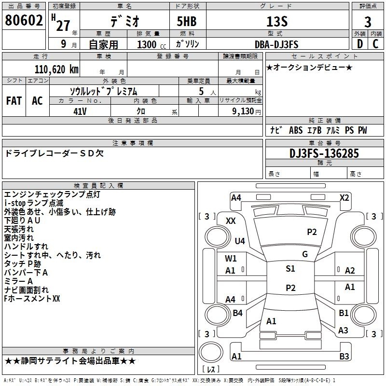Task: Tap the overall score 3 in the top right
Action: point(368,22)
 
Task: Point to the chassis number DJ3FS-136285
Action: point(324,154)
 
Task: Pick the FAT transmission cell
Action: point(14,100)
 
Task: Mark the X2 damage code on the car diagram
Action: point(345,197)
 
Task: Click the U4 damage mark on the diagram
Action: point(240,241)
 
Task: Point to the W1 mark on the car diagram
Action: point(231,258)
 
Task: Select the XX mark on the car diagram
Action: point(231,221)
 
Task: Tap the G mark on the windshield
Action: point(305,254)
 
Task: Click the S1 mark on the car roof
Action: point(290,269)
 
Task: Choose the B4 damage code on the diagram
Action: point(237,313)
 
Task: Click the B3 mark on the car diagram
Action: point(344,357)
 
